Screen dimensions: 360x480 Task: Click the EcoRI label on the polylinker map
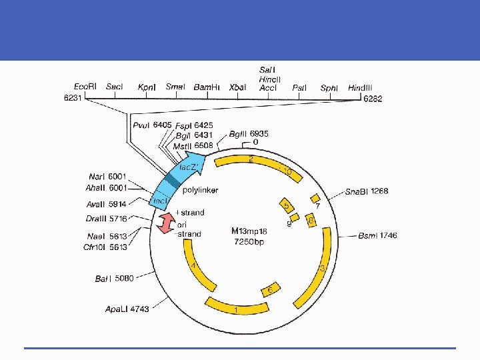pyautogui.click(x=86, y=87)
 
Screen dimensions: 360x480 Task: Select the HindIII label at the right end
pyautogui.click(x=360, y=87)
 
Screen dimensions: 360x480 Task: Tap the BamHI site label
pyautogui.click(x=207, y=87)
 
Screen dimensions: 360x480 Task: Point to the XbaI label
pyautogui.click(x=237, y=87)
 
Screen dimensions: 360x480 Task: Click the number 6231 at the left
pyautogui.click(x=73, y=98)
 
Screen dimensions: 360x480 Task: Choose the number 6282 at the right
pyautogui.click(x=373, y=99)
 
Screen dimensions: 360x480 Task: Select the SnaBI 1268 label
pyautogui.click(x=366, y=192)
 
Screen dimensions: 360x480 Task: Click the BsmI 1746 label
pyautogui.click(x=377, y=235)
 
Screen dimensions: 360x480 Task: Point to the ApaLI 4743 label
pyautogui.click(x=127, y=309)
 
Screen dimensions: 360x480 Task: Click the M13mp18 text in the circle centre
pyautogui.click(x=248, y=231)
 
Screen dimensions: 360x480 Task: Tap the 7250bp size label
pyautogui.click(x=248, y=241)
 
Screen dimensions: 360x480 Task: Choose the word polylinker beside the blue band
pyautogui.click(x=199, y=191)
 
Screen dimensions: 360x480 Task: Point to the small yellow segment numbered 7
pyautogui.click(x=315, y=199)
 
